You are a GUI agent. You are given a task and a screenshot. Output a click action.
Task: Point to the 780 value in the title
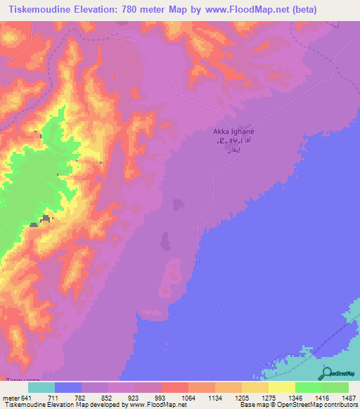[140, 10]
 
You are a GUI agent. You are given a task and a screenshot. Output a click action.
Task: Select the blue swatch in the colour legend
[68, 387]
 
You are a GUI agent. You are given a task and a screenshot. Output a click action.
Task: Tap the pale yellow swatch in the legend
[281, 387]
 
